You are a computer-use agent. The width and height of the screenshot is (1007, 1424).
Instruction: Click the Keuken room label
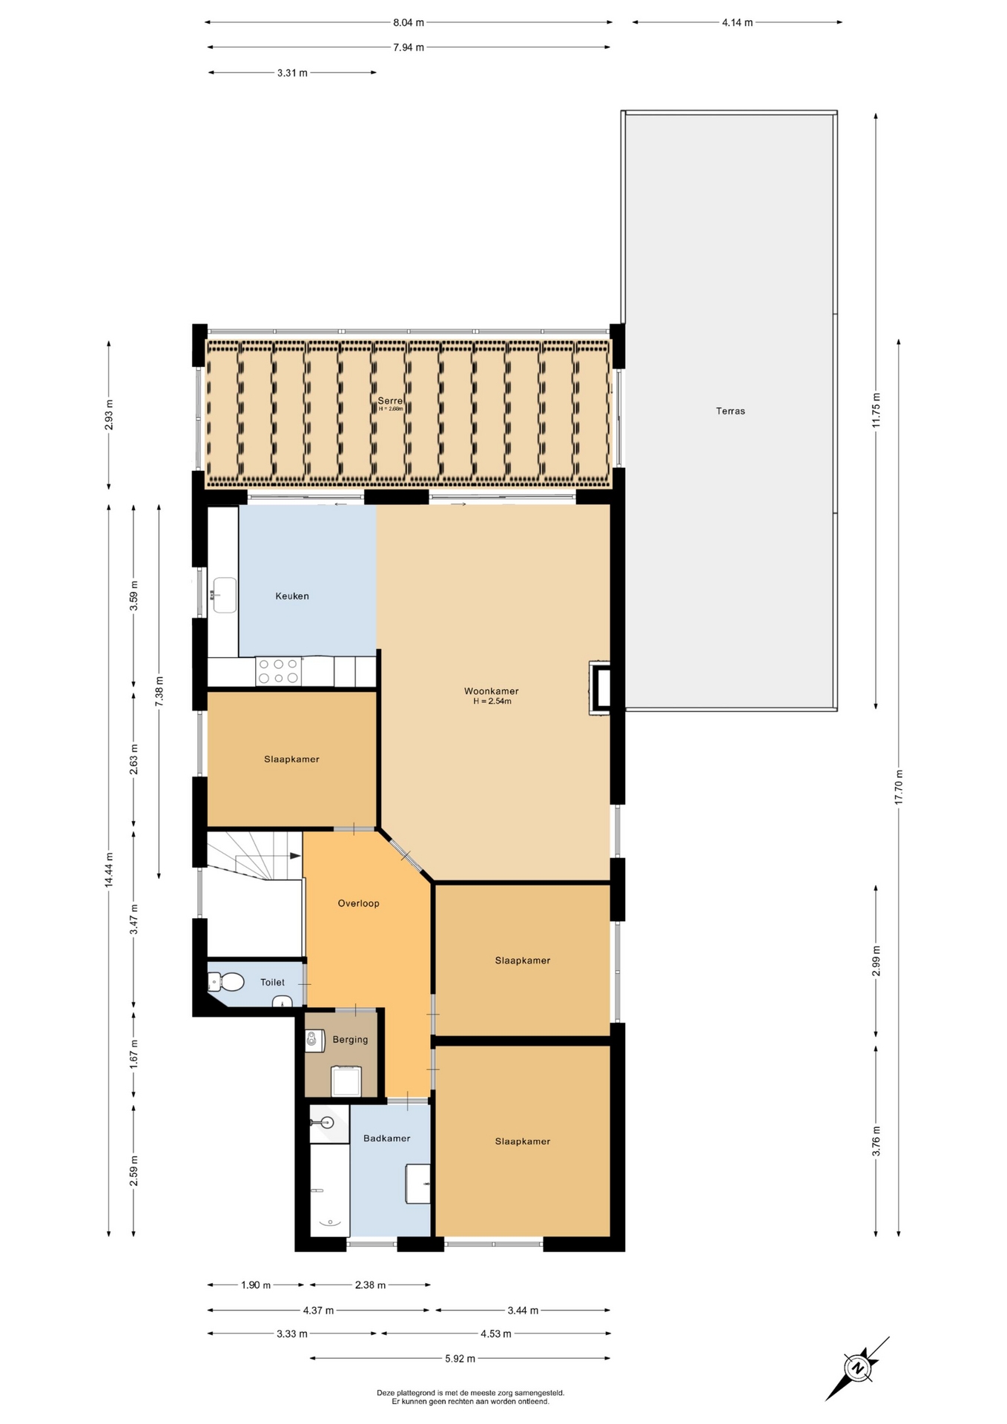(x=292, y=596)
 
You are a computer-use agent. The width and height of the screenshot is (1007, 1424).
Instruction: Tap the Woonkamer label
(x=491, y=691)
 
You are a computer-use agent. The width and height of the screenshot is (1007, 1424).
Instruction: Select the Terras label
(x=730, y=411)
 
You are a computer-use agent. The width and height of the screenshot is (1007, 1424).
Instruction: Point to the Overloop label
(x=358, y=903)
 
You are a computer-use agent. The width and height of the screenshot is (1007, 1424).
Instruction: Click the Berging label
(x=350, y=1040)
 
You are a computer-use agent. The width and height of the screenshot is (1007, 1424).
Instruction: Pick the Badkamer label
(x=386, y=1138)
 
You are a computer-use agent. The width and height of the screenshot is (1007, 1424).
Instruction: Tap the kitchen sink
(x=225, y=596)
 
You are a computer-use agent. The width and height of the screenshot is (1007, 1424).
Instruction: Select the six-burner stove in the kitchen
(x=278, y=671)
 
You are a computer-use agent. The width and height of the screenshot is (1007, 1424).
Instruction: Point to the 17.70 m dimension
(x=899, y=787)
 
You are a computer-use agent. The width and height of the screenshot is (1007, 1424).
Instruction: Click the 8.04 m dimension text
(x=409, y=22)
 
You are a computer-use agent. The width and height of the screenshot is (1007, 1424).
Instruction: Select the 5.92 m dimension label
(x=460, y=1359)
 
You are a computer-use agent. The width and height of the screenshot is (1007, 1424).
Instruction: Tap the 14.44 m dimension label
(x=109, y=870)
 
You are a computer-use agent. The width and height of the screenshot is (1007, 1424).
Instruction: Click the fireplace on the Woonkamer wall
(x=600, y=688)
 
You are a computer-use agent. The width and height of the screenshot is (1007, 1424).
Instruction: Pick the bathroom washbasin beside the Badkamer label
(x=418, y=1184)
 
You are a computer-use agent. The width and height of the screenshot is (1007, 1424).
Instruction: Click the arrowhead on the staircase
(x=295, y=856)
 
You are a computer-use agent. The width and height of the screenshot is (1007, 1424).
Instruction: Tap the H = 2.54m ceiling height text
(x=492, y=702)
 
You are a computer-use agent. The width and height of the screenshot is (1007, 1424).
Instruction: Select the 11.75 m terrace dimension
(x=876, y=410)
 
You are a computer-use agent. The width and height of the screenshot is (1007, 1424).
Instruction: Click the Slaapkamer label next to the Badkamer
(x=523, y=1141)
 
